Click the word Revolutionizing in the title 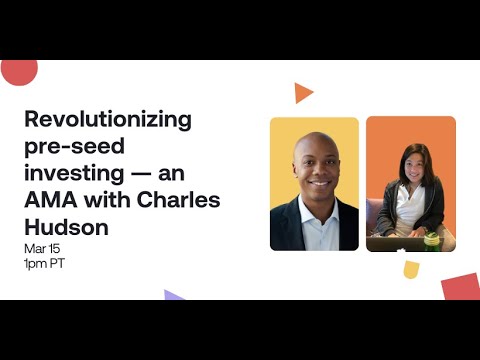tap(107, 120)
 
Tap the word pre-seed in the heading tap(68, 147)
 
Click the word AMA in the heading tap(53, 201)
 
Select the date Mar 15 tap(45, 247)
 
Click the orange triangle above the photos tap(302, 93)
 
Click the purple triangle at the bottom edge tap(173, 295)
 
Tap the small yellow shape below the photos tap(411, 268)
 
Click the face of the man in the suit tap(314, 165)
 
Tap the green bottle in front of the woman tap(432, 239)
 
